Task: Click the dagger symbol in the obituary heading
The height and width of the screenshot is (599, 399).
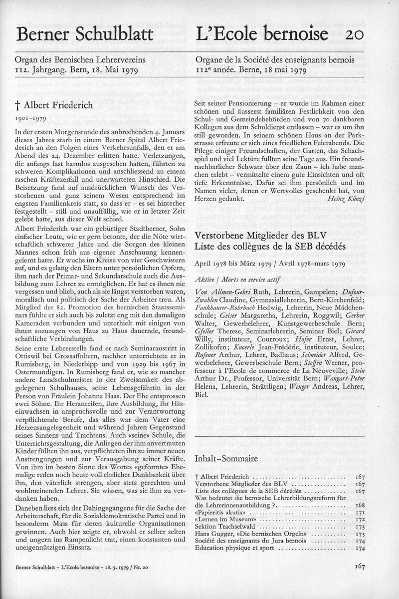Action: click(18, 106)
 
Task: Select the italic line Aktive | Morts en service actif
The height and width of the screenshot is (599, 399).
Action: click(237, 279)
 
